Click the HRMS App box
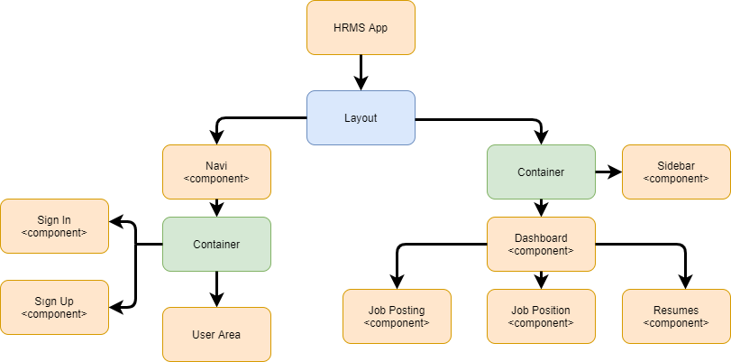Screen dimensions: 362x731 tap(361, 27)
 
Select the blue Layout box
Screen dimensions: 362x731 tap(361, 117)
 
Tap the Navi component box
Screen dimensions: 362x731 tap(216, 172)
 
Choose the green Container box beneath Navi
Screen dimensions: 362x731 tap(216, 244)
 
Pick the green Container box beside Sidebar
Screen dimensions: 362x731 tap(541, 172)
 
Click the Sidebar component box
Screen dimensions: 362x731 tap(676, 172)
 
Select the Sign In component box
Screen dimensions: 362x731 tap(54, 226)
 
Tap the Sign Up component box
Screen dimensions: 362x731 tap(54, 307)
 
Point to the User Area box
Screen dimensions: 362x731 tap(216, 334)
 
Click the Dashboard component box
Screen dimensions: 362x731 tap(541, 244)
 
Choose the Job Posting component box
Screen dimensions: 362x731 tap(397, 316)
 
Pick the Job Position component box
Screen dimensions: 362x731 tap(541, 316)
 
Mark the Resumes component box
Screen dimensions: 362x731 tap(676, 316)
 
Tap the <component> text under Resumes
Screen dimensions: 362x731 tap(676, 323)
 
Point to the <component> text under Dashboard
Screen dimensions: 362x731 tap(541, 251)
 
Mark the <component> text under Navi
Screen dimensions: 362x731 tap(216, 179)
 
